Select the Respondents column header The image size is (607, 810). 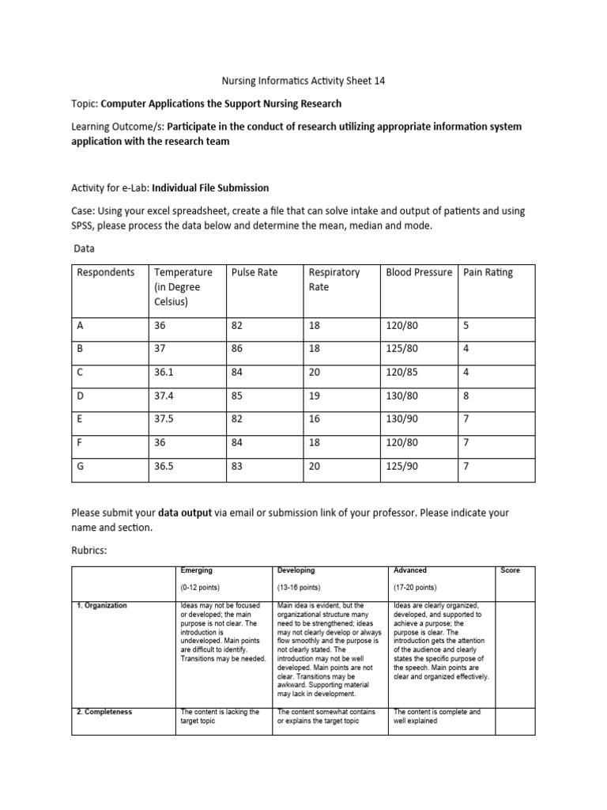[x=106, y=272]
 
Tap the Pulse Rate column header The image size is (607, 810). [x=254, y=272]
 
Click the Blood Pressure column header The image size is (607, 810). [x=418, y=272]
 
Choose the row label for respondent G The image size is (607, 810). [x=80, y=466]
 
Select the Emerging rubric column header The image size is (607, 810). [x=197, y=570]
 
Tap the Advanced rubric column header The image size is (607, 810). [x=409, y=570]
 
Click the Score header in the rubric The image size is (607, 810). [x=510, y=570]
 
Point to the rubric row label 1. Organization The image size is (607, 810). [x=102, y=606]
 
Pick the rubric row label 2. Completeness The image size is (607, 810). [x=104, y=712]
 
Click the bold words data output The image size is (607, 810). [x=185, y=513]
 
